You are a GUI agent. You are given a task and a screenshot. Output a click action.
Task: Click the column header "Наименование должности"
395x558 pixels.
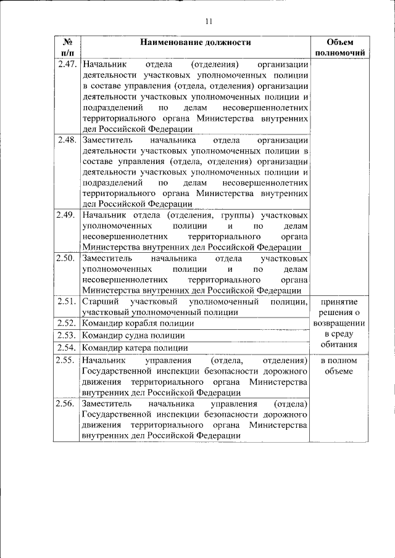(x=195, y=43)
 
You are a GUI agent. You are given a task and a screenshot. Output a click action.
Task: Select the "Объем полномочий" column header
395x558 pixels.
(x=339, y=47)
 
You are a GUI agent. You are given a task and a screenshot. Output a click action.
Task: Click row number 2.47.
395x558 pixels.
(x=66, y=64)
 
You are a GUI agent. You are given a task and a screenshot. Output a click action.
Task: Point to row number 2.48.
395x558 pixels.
(x=66, y=140)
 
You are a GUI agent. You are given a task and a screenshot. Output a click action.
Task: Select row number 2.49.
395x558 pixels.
(x=65, y=215)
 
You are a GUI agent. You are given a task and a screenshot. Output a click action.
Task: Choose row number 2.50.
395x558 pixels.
(x=65, y=258)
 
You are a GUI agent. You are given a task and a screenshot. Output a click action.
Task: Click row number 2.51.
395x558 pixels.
(x=66, y=302)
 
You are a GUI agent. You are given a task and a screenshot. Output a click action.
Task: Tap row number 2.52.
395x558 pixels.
(x=66, y=323)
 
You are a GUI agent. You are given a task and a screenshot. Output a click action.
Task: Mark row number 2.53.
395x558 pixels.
(x=66, y=335)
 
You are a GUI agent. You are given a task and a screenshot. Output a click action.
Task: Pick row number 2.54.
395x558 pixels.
(x=66, y=348)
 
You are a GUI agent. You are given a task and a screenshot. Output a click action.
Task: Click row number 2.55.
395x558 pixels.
(x=66, y=359)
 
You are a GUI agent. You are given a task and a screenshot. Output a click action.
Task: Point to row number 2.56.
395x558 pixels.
(x=65, y=403)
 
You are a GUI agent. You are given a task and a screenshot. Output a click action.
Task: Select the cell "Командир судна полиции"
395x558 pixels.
(x=133, y=335)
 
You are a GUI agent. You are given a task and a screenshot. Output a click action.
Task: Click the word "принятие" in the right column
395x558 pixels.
(x=339, y=302)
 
